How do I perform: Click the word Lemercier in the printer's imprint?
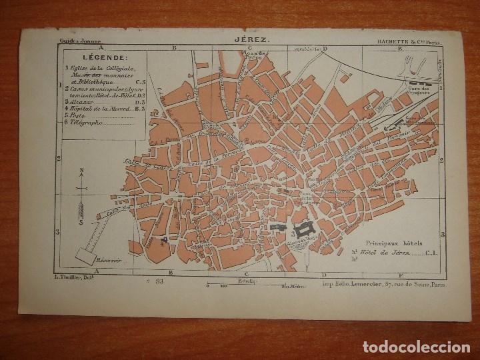point(370,284)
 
